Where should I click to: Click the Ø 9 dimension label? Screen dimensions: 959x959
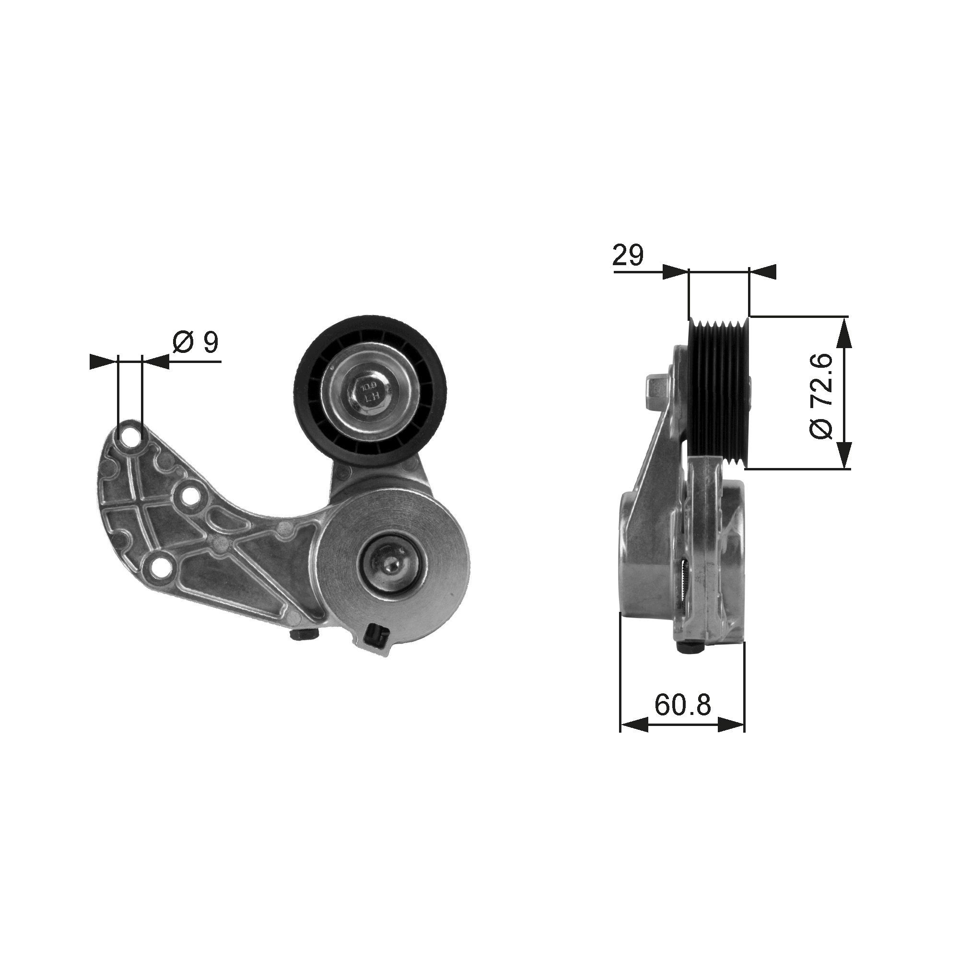[x=196, y=342]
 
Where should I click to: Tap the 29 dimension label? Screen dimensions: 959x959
[x=627, y=256]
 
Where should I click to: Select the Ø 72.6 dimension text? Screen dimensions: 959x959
[x=822, y=396]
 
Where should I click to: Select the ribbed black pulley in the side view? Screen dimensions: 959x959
[x=718, y=392]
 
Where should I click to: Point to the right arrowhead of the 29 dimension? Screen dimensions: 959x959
[x=762, y=271]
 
